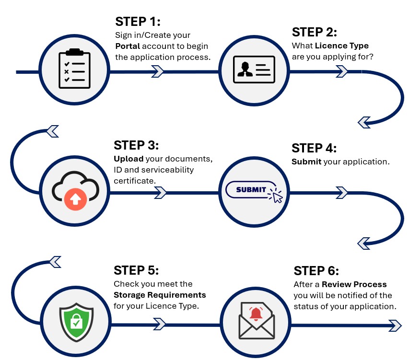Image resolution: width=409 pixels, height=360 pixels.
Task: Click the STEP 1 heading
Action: tap(138, 22)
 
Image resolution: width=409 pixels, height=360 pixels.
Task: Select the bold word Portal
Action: tap(128, 46)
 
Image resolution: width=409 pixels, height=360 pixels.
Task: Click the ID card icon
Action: tap(254, 69)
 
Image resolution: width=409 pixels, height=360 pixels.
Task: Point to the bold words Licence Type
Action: tap(341, 46)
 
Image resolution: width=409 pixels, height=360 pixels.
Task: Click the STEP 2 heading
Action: tap(315, 33)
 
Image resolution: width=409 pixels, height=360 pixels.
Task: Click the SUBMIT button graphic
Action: tap(251, 189)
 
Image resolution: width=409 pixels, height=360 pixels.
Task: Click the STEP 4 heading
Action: tap(314, 148)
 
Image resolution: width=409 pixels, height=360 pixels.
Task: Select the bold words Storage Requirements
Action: tap(160, 294)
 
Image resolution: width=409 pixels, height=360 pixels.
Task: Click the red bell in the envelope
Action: tap(256, 314)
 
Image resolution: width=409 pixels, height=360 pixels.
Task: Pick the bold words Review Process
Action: tap(354, 284)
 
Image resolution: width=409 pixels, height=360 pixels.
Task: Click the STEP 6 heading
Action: tap(316, 271)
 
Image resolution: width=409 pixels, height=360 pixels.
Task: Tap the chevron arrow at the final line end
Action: tap(394, 325)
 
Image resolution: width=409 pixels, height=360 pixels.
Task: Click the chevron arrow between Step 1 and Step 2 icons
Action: tap(158, 72)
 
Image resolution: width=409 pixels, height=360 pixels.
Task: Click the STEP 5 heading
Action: tap(136, 270)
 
